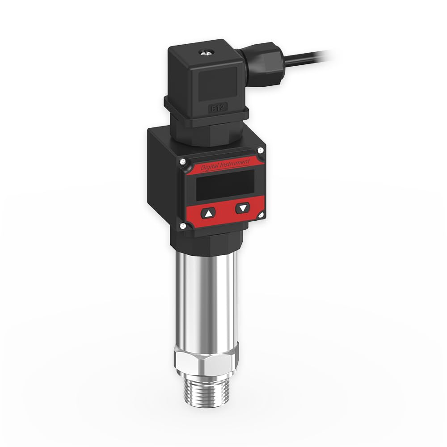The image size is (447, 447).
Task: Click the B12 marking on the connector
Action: tap(217, 107)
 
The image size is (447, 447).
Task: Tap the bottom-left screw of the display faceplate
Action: tap(183, 227)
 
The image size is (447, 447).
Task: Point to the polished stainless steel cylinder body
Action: tap(204, 299)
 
